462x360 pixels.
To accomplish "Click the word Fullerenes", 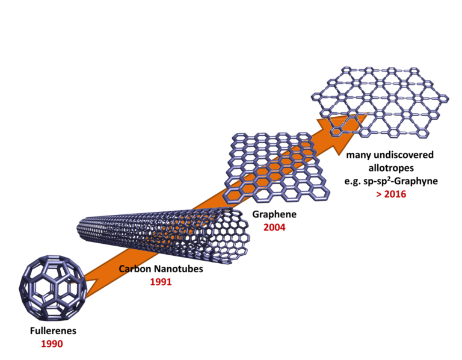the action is tap(53, 331).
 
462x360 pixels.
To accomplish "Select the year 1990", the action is tap(52, 344).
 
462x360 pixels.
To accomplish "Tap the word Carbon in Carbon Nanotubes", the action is tap(135, 269).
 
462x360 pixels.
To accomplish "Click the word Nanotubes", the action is tap(179, 269).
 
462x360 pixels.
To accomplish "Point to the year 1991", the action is tap(161, 282).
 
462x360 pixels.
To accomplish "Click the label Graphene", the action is tap(274, 214).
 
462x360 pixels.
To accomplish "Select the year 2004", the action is tap(274, 228).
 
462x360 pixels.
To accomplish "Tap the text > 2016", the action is tap(391, 194).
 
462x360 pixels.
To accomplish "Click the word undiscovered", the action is tap(402, 155).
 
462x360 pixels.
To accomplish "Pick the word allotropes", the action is tap(391, 168).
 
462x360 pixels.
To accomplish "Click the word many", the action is tap(357, 155).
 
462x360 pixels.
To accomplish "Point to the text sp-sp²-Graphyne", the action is tap(401, 181).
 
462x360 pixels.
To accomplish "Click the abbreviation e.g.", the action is tap(353, 182).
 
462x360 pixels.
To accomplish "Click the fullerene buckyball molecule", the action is tap(53, 288).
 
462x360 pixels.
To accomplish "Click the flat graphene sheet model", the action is tap(277, 167).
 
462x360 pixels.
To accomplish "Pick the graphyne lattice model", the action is tap(380, 102).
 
